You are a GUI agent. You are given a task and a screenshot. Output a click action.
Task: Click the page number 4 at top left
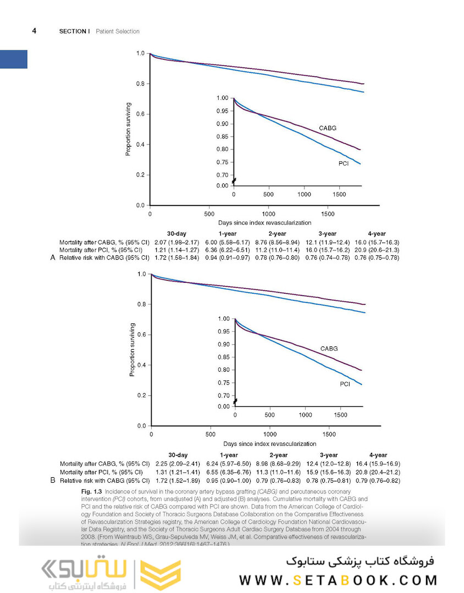point(34,31)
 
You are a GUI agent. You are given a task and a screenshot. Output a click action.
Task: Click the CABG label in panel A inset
point(328,128)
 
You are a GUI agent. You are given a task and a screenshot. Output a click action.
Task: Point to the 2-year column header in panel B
point(278,455)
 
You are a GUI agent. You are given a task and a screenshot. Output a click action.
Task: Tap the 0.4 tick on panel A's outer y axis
point(140,144)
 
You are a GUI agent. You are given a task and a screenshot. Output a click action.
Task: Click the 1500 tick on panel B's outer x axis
point(329,434)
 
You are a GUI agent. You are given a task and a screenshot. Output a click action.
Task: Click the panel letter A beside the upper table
point(53,257)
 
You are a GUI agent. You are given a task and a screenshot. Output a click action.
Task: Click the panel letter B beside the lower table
point(53,480)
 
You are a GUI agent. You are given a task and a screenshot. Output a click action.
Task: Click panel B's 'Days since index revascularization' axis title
point(269,443)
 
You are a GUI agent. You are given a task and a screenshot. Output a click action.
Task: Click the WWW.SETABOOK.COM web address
point(338,580)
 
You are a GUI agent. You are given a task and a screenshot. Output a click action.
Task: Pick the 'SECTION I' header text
point(74,31)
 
